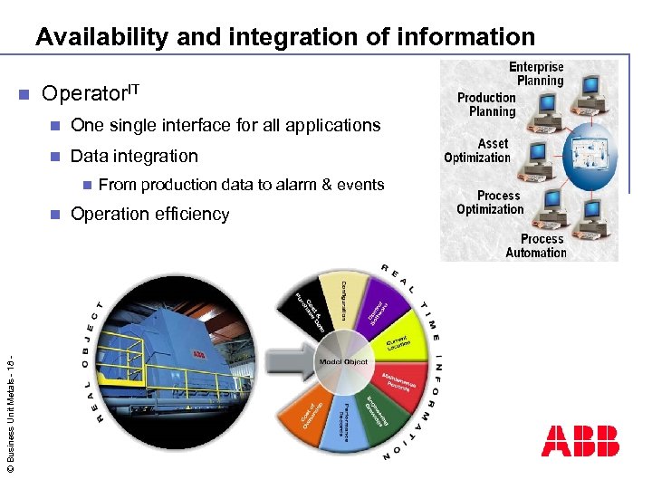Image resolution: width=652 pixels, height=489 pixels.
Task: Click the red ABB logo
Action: (580, 440)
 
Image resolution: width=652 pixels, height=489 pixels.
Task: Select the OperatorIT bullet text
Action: (91, 93)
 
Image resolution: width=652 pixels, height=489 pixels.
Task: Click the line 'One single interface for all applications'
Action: (225, 125)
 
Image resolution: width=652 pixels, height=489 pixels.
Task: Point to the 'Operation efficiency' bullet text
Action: (150, 215)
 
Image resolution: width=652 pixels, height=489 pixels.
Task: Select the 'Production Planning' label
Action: (486, 104)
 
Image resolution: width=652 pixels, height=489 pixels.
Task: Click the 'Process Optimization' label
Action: (490, 202)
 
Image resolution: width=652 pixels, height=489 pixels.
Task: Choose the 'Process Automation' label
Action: (535, 245)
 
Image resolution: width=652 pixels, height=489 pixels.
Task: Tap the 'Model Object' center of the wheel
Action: (344, 361)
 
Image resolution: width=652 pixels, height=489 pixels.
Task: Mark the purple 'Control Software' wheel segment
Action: (378, 309)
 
